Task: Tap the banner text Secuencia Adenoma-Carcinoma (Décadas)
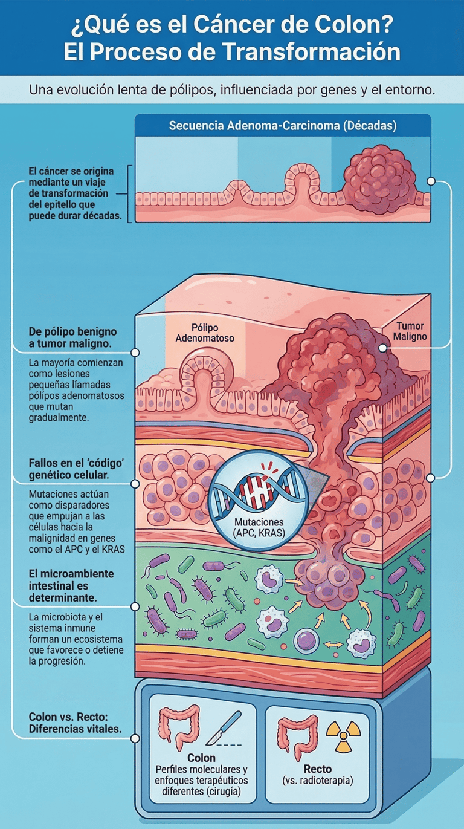pyautogui.click(x=283, y=126)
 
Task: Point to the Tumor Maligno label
pyautogui.click(x=411, y=331)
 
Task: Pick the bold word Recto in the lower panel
pyautogui.click(x=317, y=769)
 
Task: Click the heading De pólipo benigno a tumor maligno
pyautogui.click(x=72, y=337)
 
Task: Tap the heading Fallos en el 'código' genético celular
pyautogui.click(x=76, y=469)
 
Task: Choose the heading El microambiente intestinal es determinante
pyautogui.click(x=71, y=585)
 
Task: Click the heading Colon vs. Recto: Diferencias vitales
pyautogui.click(x=75, y=723)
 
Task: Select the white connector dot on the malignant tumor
pyautogui.click(x=382, y=348)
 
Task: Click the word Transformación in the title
pyautogui.click(x=313, y=53)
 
